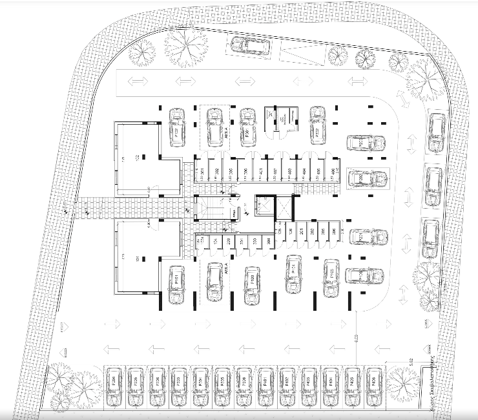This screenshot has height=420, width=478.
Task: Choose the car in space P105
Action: click(x=222, y=386)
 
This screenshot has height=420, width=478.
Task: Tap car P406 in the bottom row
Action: click(x=373, y=386)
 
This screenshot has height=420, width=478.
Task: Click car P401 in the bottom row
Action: click(x=265, y=386)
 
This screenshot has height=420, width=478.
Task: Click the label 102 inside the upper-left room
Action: click(x=138, y=157)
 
